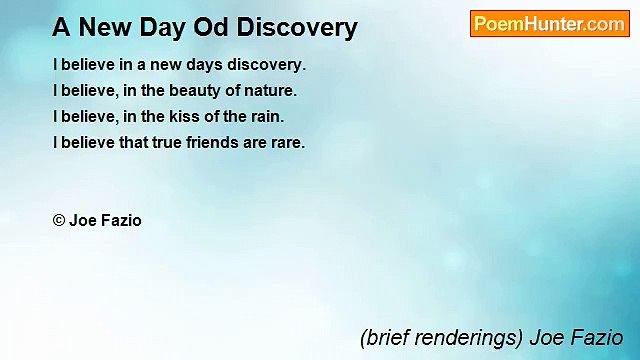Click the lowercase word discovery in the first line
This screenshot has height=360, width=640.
(267, 64)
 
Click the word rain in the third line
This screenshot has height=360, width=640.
(266, 116)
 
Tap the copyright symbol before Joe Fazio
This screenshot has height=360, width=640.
(59, 221)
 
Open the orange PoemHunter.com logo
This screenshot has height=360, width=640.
(549, 24)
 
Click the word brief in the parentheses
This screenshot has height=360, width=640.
(387, 338)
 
